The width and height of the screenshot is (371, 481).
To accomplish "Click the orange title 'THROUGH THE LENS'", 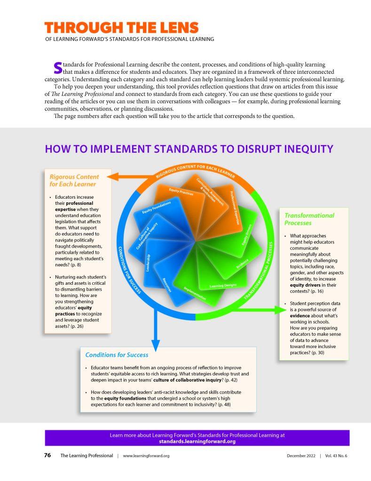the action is click(x=122, y=28).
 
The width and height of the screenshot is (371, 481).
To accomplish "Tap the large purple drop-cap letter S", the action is click(x=58, y=68).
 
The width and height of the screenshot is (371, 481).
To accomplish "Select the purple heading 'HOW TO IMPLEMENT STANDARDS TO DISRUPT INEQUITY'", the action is click(x=189, y=149).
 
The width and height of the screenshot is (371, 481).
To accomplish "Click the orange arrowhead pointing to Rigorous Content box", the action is click(x=113, y=177).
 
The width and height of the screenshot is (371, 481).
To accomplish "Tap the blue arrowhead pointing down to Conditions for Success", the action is click(x=156, y=345).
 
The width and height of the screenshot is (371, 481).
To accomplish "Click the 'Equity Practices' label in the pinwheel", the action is click(x=181, y=192).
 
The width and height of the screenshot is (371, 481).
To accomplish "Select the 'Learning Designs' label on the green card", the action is click(x=223, y=286).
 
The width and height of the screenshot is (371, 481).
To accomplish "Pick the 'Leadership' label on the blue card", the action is click(x=148, y=263).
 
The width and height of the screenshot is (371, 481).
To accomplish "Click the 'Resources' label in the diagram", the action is click(x=167, y=285).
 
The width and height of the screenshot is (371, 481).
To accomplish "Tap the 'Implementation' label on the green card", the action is click(x=195, y=293).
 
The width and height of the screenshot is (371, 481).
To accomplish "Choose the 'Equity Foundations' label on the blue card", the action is click(x=156, y=208).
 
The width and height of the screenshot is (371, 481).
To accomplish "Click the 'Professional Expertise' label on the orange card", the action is click(x=235, y=208).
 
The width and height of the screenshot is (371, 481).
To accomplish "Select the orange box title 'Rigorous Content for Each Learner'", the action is click(x=74, y=180).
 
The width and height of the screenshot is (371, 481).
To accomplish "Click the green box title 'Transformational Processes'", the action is click(x=309, y=219).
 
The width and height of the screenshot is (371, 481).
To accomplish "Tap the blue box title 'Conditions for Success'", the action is click(x=117, y=355).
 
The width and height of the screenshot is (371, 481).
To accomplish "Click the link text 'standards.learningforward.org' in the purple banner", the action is click(x=197, y=442).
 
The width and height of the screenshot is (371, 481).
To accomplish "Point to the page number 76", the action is click(x=47, y=455).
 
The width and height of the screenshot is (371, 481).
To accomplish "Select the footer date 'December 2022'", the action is click(x=301, y=456).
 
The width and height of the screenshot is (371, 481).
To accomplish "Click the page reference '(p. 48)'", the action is click(x=224, y=404).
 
